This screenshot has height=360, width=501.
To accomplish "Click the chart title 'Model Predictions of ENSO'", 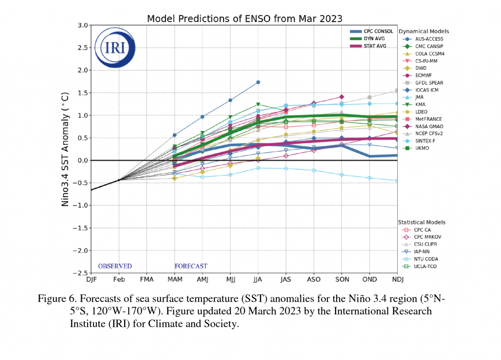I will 245,19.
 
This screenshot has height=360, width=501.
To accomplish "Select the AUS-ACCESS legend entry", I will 429,39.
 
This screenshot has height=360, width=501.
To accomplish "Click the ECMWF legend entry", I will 425,75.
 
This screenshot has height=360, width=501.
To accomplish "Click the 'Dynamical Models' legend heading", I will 424,31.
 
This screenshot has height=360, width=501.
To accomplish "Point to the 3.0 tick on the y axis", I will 82,25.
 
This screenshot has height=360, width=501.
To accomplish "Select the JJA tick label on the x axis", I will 258,280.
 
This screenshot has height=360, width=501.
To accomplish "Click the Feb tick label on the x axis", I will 119,280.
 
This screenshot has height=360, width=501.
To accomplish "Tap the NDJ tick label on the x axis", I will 397,280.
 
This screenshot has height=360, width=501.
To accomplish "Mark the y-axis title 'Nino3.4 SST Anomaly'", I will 65,149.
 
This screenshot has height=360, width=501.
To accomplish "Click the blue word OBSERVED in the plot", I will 115,266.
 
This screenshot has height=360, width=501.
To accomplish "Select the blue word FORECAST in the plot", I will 191,266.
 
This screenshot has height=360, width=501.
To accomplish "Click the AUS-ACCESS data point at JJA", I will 258,82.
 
